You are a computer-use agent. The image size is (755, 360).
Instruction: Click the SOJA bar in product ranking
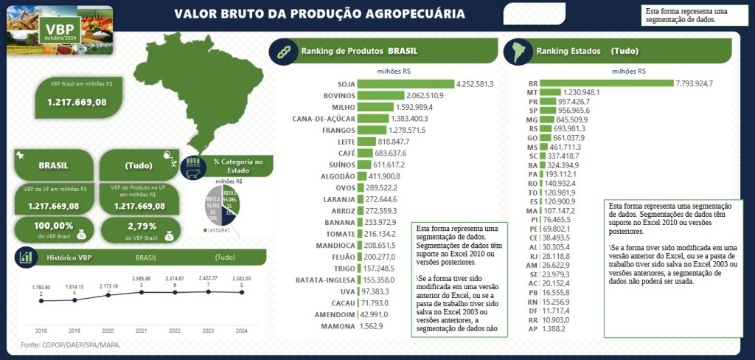406,83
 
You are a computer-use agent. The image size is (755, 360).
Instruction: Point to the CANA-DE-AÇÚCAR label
324,118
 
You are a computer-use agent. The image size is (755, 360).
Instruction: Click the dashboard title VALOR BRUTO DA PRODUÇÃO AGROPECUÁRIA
319,14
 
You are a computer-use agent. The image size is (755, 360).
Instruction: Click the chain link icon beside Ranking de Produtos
281,52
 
